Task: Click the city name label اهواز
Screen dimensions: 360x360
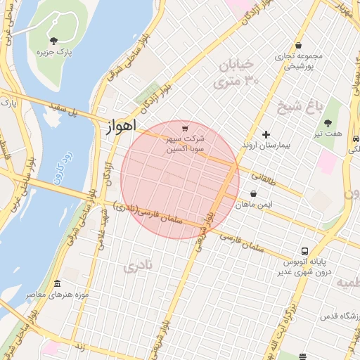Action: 120,127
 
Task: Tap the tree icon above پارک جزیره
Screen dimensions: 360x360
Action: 55,40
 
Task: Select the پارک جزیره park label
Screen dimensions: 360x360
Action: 56,52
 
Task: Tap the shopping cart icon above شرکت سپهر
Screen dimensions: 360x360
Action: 185,128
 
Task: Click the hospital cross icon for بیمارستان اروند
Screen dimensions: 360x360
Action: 266,134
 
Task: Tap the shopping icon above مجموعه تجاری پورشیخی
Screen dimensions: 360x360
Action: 299,45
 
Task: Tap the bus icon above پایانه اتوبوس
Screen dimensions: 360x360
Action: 304,250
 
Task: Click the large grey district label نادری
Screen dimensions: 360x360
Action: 138,266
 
